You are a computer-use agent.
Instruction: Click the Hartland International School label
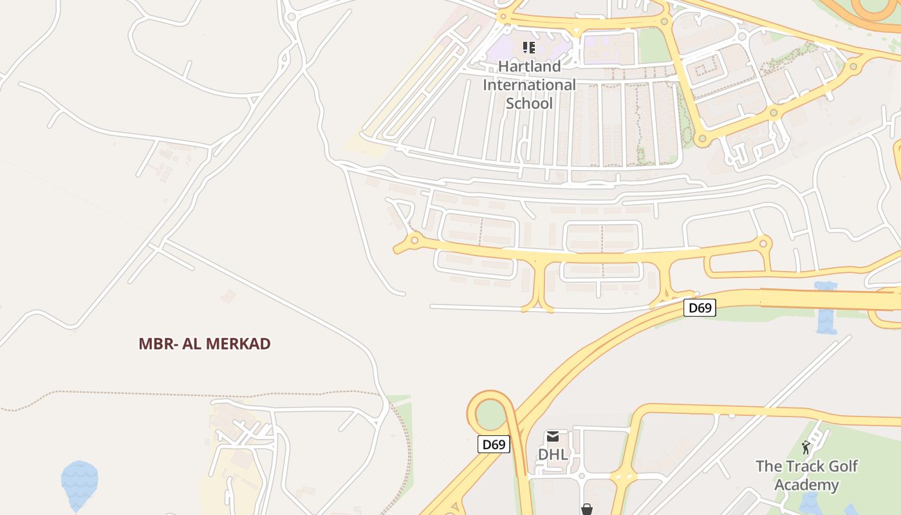[529, 84]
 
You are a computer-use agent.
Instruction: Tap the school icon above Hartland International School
[529, 47]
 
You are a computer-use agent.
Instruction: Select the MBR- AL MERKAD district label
[205, 344]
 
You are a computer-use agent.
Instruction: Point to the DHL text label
[553, 454]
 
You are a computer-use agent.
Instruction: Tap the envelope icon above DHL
[553, 437]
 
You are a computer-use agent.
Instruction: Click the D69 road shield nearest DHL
[494, 444]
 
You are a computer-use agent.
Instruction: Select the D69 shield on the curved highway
[700, 308]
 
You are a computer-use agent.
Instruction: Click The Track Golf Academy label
[806, 475]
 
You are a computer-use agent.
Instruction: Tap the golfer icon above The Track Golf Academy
[806, 447]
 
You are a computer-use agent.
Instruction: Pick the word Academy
[806, 485]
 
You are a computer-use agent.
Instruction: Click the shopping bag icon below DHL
[586, 509]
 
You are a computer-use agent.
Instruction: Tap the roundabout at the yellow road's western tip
[414, 241]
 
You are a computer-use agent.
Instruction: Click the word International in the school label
[529, 84]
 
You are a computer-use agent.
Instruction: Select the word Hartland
[529, 66]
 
